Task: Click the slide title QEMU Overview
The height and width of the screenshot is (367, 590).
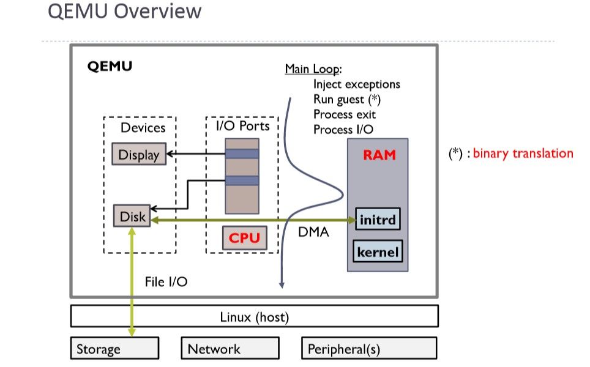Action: [x=124, y=11]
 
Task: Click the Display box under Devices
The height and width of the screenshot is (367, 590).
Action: [x=139, y=155]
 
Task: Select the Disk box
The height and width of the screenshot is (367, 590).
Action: [x=132, y=217]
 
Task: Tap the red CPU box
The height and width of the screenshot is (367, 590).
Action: [x=245, y=237]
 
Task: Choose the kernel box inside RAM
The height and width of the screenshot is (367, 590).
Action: [x=378, y=251]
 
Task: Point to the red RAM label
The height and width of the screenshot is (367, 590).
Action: [x=379, y=155]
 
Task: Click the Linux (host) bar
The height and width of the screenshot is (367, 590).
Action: [x=254, y=317]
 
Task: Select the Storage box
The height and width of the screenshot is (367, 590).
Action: [x=114, y=349]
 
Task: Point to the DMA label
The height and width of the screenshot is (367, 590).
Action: [x=313, y=232]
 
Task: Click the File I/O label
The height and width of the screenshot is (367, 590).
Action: [x=166, y=282]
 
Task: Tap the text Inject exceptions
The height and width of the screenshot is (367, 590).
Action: [x=356, y=84]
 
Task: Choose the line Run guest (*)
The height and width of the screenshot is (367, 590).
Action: [x=348, y=98]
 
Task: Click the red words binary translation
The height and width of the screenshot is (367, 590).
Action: [x=523, y=153]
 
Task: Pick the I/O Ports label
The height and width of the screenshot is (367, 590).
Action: [x=242, y=127]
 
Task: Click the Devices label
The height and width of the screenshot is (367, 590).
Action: [x=143, y=127]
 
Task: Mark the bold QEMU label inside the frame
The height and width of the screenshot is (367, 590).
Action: [x=110, y=66]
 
